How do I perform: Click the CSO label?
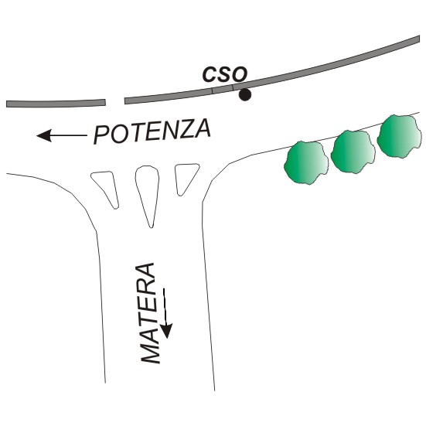coord(225,74)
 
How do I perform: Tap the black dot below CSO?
coord(244,95)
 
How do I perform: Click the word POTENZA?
coord(152,131)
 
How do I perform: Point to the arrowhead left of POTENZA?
coord(44,135)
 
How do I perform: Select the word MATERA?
coord(149,313)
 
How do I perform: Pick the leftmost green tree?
coord(306,162)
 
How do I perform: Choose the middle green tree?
coord(353,152)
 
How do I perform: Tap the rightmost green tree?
coord(400,136)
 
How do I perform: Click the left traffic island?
coord(106,187)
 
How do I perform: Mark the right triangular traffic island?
coord(186,177)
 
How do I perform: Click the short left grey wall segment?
coord(56,104)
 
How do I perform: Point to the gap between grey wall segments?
coord(115,101)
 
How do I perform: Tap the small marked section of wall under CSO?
coord(223,89)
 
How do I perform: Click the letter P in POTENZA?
coord(102,135)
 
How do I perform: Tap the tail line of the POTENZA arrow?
coord(69,135)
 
